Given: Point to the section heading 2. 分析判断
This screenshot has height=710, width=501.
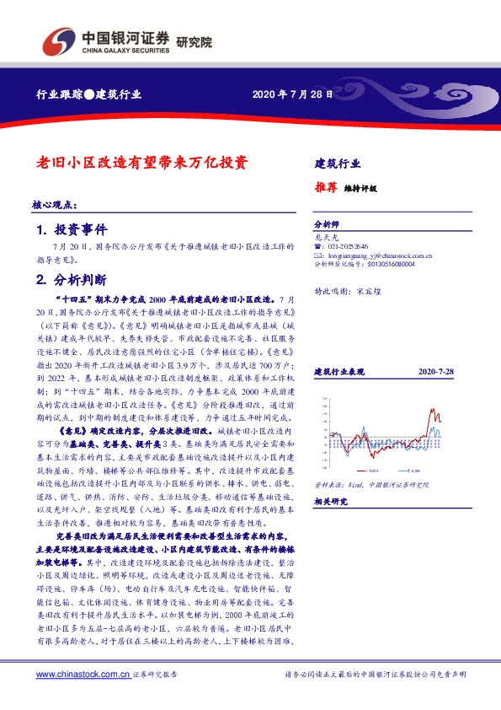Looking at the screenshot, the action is [x=71, y=279].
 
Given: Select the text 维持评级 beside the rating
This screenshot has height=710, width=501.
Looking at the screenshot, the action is [x=360, y=189].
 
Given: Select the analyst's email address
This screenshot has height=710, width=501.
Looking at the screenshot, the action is [x=378, y=255].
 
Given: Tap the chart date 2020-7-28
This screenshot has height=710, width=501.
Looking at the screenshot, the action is [x=435, y=371].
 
